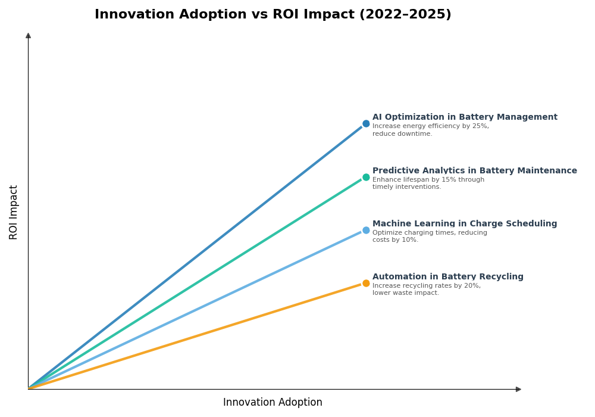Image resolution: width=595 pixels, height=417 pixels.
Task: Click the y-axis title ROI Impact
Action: coord(14,212)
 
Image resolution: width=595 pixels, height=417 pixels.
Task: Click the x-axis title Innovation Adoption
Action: coord(273,403)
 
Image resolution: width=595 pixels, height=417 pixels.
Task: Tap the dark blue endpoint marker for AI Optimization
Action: coord(366,124)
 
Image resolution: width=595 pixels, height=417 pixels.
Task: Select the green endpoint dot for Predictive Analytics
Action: coord(366,177)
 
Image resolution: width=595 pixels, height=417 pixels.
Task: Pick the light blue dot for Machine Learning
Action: coord(366,230)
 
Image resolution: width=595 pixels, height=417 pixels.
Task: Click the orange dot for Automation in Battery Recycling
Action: coord(366,283)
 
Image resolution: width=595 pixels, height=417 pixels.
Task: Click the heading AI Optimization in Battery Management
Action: coord(465,117)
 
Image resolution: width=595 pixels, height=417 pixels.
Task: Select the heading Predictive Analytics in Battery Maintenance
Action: coord(474,171)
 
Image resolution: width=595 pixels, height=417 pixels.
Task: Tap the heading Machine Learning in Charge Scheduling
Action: coord(465,224)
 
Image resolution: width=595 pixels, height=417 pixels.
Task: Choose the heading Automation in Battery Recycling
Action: coord(447,277)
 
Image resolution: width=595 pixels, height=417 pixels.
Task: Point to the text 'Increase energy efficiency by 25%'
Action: coord(430,126)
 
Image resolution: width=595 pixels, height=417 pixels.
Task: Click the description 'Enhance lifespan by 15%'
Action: coord(428,180)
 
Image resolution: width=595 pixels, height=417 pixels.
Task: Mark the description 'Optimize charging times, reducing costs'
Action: coord(429,233)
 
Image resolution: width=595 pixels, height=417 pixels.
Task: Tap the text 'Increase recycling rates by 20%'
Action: coord(426,286)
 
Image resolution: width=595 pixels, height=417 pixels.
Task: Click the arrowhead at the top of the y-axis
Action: coord(28,36)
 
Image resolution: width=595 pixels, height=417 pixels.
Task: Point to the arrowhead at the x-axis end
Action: coord(518,389)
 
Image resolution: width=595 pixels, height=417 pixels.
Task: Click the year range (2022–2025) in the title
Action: coord(405,15)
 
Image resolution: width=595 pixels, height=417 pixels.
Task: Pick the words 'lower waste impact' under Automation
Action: coord(405,293)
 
